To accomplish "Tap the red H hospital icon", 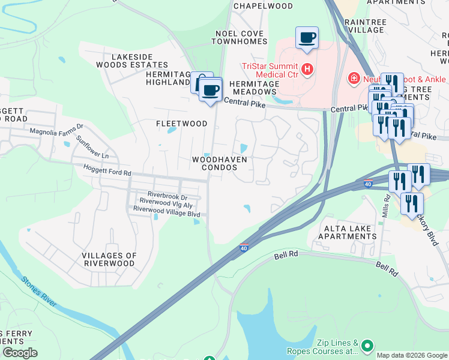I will [307, 70].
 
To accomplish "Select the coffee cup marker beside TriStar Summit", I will [307, 38].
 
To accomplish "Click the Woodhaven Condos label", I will [219, 164].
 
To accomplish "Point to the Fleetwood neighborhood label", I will [181, 124].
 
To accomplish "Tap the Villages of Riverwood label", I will [109, 259].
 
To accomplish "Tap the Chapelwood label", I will [263, 6].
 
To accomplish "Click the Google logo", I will [20, 353].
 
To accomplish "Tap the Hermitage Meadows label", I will [252, 88].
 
